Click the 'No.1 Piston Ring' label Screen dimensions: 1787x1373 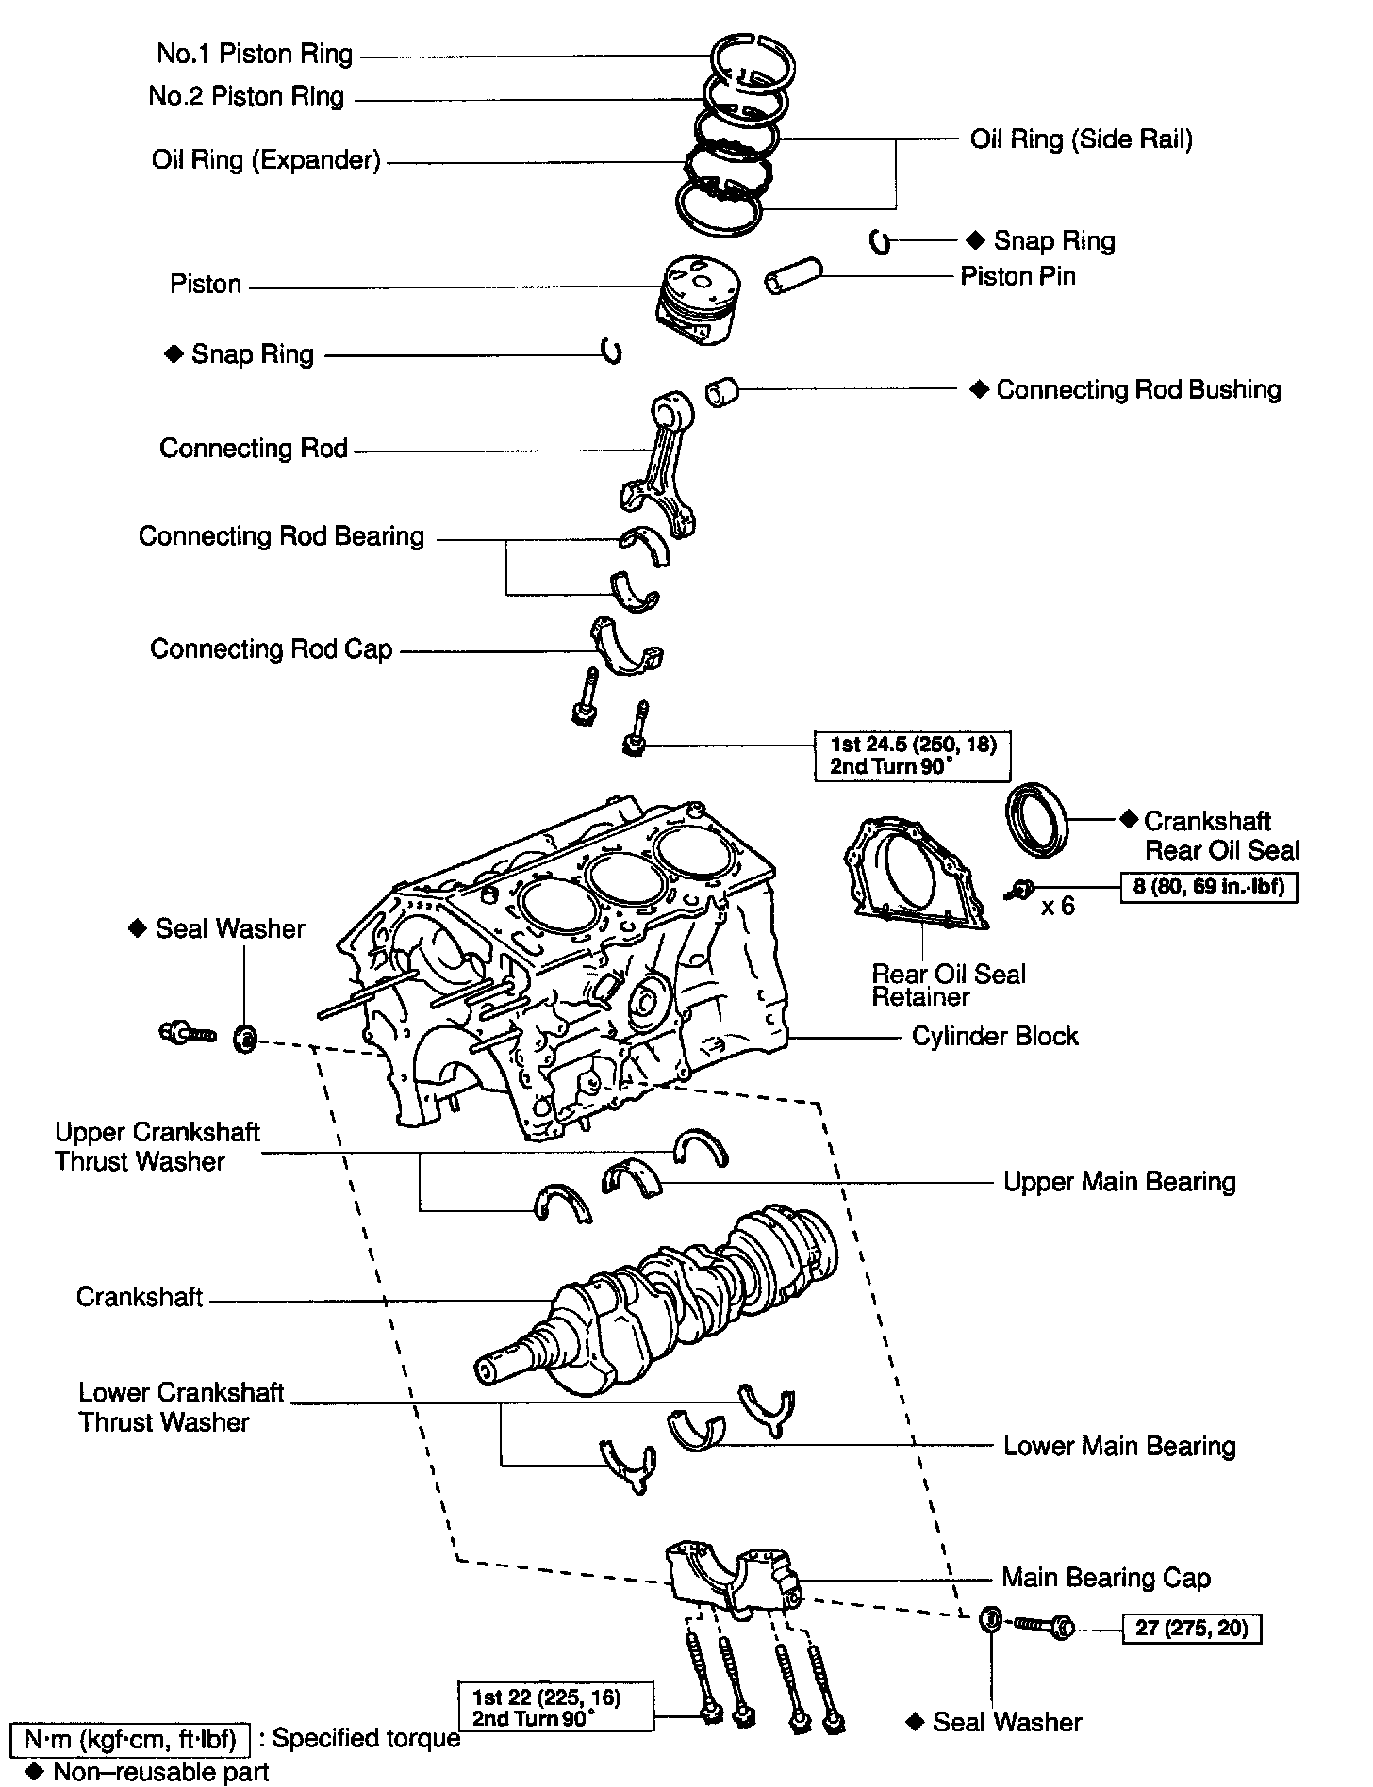(255, 55)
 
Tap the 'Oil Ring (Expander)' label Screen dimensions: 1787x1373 (266, 160)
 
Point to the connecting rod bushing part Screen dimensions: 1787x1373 (723, 390)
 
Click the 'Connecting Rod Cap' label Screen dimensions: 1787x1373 (271, 649)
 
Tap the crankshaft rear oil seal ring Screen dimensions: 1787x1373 (1038, 819)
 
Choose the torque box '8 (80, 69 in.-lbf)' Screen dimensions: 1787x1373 (1208, 887)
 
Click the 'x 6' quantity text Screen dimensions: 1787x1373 (1058, 907)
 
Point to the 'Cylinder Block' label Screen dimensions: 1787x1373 (995, 1037)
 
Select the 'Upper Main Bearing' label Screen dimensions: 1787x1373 (1119, 1182)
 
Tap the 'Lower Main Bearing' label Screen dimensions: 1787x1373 (1119, 1446)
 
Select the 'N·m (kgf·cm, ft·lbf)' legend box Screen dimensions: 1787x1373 (129, 1737)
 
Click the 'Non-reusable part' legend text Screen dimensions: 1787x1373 (160, 1772)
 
